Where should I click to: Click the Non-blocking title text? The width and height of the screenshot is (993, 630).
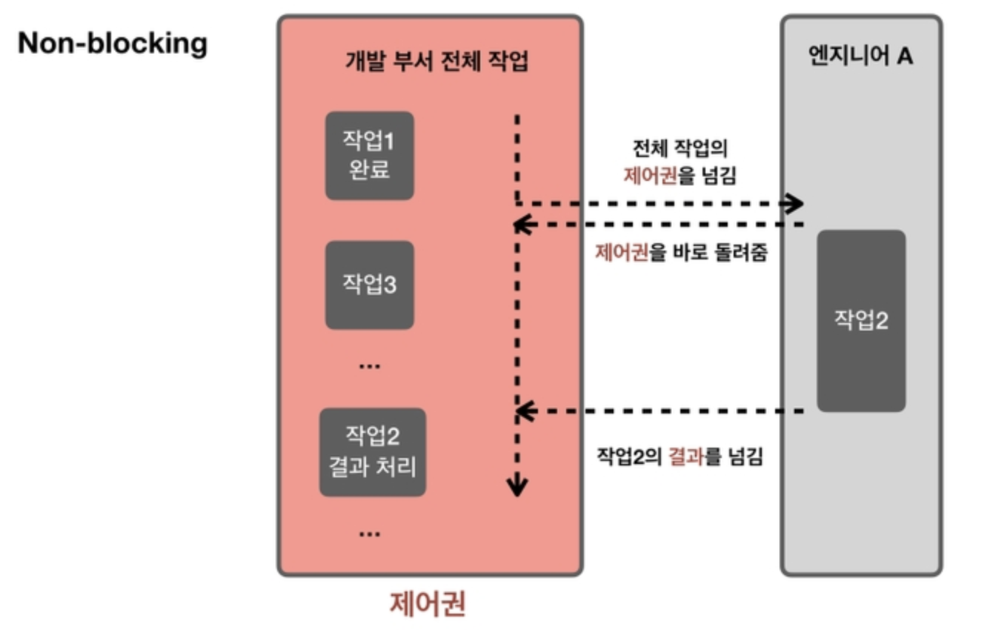click(x=113, y=43)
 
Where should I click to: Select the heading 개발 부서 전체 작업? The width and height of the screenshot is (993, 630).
click(x=437, y=60)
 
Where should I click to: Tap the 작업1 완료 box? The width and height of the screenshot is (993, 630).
click(x=369, y=156)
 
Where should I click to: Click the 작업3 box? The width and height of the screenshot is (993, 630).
click(x=369, y=285)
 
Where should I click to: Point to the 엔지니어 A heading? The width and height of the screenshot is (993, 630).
click(x=860, y=56)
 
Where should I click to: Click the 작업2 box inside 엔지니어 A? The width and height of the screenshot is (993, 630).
click(x=861, y=320)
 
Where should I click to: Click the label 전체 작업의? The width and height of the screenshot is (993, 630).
click(x=680, y=148)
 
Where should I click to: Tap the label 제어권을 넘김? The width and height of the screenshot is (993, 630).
click(x=680, y=176)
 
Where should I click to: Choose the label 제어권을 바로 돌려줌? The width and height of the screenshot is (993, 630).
click(x=681, y=253)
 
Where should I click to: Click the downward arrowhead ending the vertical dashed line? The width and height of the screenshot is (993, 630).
click(x=517, y=487)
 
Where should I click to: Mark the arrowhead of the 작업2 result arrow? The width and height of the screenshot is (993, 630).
click(x=522, y=411)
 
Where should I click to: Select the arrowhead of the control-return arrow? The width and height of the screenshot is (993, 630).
click(x=522, y=224)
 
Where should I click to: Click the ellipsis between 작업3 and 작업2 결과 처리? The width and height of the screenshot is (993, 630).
click(x=368, y=365)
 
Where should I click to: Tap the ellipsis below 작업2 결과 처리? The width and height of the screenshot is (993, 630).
click(x=368, y=532)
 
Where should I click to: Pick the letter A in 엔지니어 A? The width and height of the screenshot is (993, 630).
click(x=904, y=56)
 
